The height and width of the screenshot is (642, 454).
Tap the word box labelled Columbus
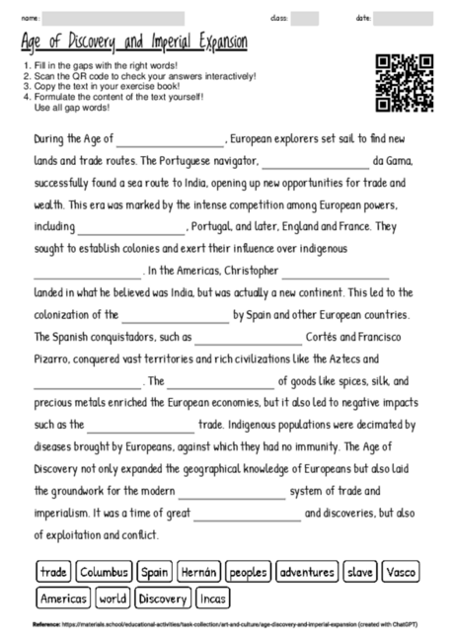point(105,572)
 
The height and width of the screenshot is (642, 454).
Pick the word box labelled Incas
point(212,599)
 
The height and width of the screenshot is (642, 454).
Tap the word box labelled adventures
point(308,572)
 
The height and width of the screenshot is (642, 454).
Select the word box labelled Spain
point(155,572)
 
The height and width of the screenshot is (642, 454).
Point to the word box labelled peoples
point(249,572)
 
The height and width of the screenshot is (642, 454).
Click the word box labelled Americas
point(63,599)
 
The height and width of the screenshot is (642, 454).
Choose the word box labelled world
point(113,599)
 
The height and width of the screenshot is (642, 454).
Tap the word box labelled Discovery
point(163,599)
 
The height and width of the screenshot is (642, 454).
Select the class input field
point(305,18)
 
